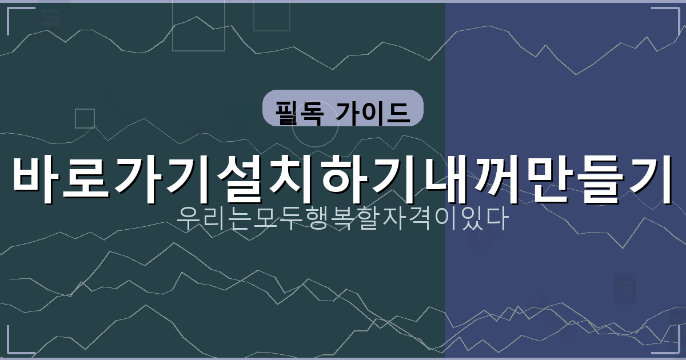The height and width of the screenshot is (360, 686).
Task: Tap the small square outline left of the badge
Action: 85,118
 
